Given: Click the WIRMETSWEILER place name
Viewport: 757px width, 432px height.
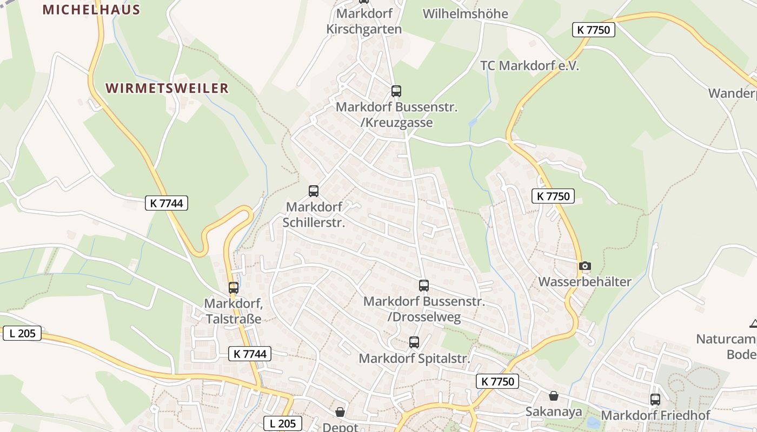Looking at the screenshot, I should (x=167, y=88).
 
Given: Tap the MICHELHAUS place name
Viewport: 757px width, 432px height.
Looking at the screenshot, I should (x=91, y=10).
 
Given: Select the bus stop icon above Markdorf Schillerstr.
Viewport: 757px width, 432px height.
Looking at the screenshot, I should (x=314, y=191).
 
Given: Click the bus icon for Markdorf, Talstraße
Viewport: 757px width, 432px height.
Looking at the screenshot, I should (x=234, y=288).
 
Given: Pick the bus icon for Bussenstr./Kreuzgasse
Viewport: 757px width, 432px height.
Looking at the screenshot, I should (x=396, y=91).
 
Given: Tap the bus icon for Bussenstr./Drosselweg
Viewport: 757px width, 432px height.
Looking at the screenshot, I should (x=424, y=286).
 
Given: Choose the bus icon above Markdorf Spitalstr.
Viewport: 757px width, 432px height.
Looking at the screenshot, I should (x=414, y=342).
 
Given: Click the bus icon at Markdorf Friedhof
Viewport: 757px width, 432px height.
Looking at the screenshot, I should (x=655, y=400).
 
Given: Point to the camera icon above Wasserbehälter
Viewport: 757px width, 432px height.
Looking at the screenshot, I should (x=585, y=266).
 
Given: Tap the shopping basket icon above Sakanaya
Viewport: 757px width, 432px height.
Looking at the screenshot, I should (x=554, y=396).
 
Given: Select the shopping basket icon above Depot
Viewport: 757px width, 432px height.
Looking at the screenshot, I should (x=340, y=413).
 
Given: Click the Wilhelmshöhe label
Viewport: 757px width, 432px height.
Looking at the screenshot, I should (x=465, y=13).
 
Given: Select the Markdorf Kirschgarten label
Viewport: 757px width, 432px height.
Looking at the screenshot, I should (x=364, y=21).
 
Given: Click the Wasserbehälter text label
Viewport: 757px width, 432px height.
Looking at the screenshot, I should (x=585, y=282).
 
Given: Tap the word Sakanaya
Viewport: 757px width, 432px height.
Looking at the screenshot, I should (x=554, y=412).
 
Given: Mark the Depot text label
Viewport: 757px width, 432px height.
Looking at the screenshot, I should (x=340, y=427).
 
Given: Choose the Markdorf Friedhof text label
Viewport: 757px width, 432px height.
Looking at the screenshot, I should (x=655, y=415).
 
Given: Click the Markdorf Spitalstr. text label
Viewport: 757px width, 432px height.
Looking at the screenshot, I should (x=414, y=359).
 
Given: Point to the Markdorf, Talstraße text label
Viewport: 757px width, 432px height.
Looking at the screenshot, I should (x=234, y=311).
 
